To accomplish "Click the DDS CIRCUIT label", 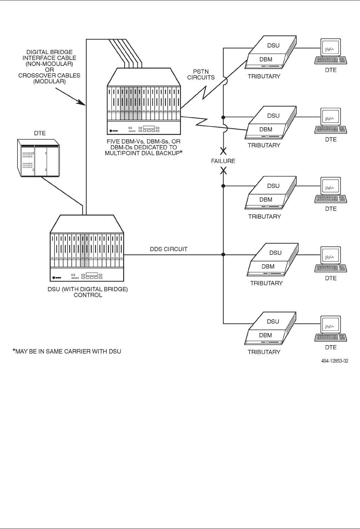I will [168, 249].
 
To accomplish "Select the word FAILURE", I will [223, 161].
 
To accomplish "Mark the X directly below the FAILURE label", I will [223, 170].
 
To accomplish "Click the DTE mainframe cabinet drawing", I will [38, 157].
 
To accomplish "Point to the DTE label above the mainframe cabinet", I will [40, 133].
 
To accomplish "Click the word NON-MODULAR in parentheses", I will [49, 64].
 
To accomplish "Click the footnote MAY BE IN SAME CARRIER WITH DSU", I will [67, 351].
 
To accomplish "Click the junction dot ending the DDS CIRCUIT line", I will [223, 254].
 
